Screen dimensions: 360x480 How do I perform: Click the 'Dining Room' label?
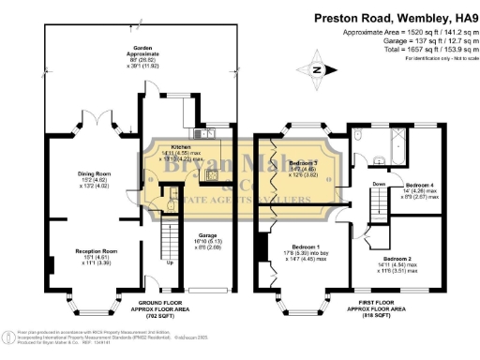[94, 173]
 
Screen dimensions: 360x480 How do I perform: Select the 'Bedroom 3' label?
[303, 163]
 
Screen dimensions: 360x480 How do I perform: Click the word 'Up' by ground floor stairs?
[170, 262]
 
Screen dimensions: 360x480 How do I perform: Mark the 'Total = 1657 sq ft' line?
[406, 47]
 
